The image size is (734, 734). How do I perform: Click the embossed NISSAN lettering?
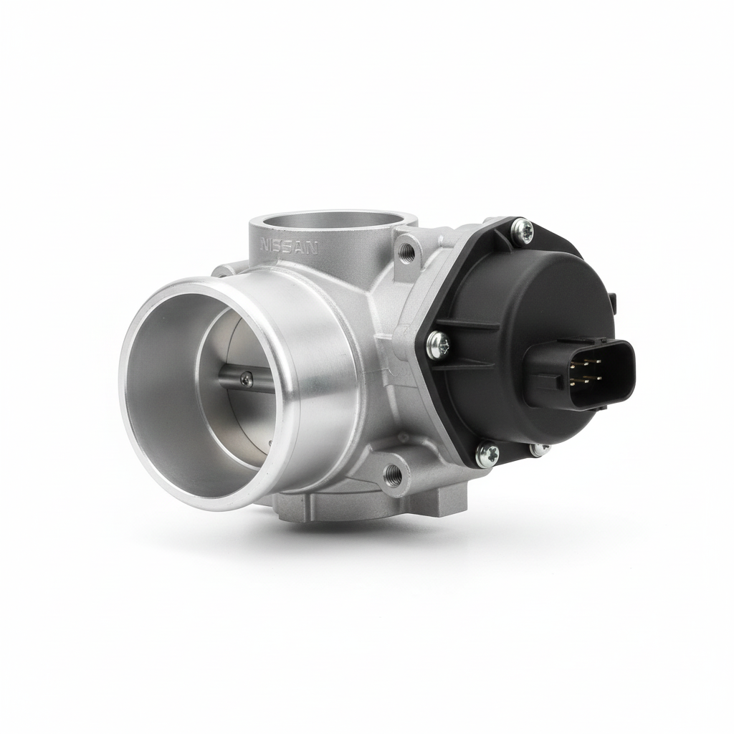tap(289, 247)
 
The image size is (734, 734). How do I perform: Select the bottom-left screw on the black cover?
tap(487, 452)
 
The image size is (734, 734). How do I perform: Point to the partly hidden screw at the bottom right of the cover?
tap(541, 448)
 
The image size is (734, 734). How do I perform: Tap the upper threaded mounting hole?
tap(406, 253)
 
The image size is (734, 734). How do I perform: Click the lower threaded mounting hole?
tap(391, 475)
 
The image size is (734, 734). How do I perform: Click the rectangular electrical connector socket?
tap(581, 371)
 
